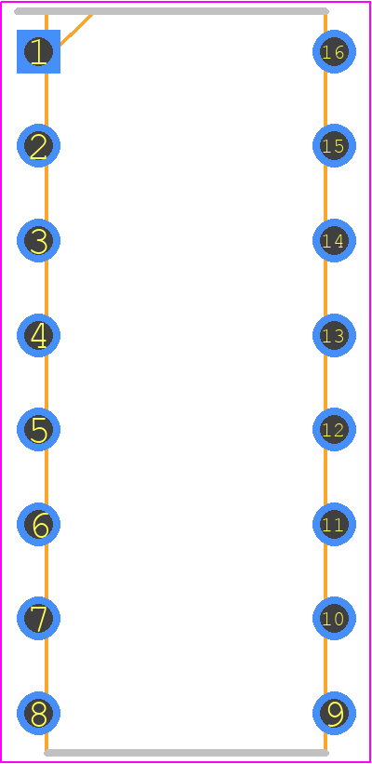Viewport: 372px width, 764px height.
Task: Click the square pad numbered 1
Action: tap(38, 52)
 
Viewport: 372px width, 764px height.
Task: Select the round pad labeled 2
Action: tap(38, 146)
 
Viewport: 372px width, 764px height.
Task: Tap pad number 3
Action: tap(38, 240)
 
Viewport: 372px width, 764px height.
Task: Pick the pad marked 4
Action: tap(38, 335)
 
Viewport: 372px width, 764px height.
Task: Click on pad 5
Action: tap(38, 429)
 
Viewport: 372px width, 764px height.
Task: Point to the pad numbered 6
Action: tap(38, 524)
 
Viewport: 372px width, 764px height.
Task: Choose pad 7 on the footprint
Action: tap(38, 618)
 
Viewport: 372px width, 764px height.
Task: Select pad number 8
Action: tap(38, 713)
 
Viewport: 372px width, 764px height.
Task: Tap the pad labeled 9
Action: tap(334, 713)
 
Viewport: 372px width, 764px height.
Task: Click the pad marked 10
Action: tap(334, 618)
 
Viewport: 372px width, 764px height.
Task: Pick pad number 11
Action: tap(334, 524)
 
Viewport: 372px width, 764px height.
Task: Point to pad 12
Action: tap(334, 429)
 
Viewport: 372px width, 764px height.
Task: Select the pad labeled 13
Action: tap(334, 335)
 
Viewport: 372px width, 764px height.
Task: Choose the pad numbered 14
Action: tap(334, 240)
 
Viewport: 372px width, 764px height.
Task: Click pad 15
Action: tap(334, 146)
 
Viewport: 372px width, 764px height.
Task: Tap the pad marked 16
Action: tap(334, 52)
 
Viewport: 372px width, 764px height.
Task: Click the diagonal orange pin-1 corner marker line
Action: tap(76, 30)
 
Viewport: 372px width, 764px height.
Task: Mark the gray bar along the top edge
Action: tap(171, 11)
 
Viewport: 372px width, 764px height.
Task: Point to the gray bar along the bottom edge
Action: tap(187, 753)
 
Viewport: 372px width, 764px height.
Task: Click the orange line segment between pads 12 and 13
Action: tap(325, 382)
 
